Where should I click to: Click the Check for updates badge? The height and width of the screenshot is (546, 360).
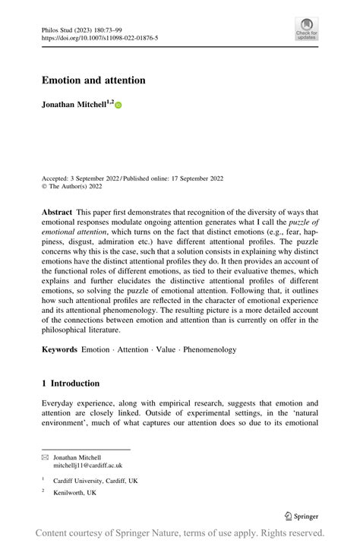point(306,30)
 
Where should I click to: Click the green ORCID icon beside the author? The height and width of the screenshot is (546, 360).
point(118,105)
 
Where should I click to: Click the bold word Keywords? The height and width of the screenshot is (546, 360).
point(59,349)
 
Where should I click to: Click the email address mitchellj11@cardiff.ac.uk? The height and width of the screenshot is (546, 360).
point(87,466)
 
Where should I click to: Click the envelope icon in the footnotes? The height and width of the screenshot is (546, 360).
point(45,458)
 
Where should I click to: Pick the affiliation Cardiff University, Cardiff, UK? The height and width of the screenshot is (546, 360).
point(96,480)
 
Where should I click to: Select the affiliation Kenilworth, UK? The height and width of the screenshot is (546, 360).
point(74,493)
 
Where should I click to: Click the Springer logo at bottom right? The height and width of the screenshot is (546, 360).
point(301,516)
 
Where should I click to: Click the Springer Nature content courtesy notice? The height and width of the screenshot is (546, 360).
point(180,532)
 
